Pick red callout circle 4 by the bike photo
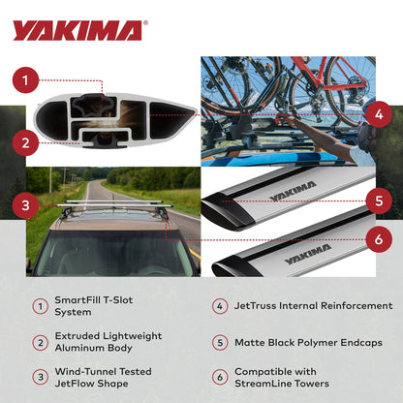pos(379,113)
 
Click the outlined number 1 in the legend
pos(41,307)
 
